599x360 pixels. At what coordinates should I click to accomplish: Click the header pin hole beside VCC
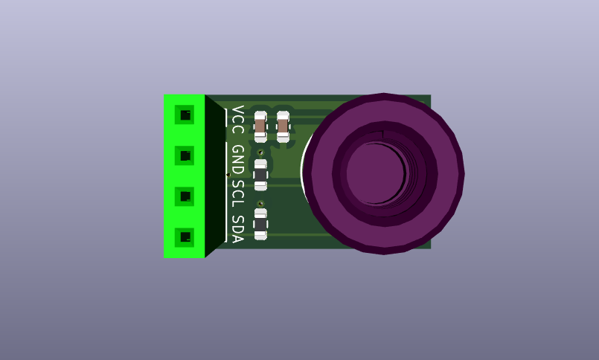(185, 115)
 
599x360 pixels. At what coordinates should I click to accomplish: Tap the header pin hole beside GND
(185, 155)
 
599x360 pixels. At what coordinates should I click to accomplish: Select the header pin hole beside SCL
(185, 196)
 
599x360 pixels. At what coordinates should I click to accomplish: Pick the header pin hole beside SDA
(185, 237)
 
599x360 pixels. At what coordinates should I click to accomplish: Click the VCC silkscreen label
(238, 120)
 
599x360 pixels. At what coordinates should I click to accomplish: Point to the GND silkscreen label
(238, 160)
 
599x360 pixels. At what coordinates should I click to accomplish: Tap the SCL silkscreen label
(238, 193)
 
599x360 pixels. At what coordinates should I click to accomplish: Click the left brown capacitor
(260, 126)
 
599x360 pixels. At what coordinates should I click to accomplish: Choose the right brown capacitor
(283, 126)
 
